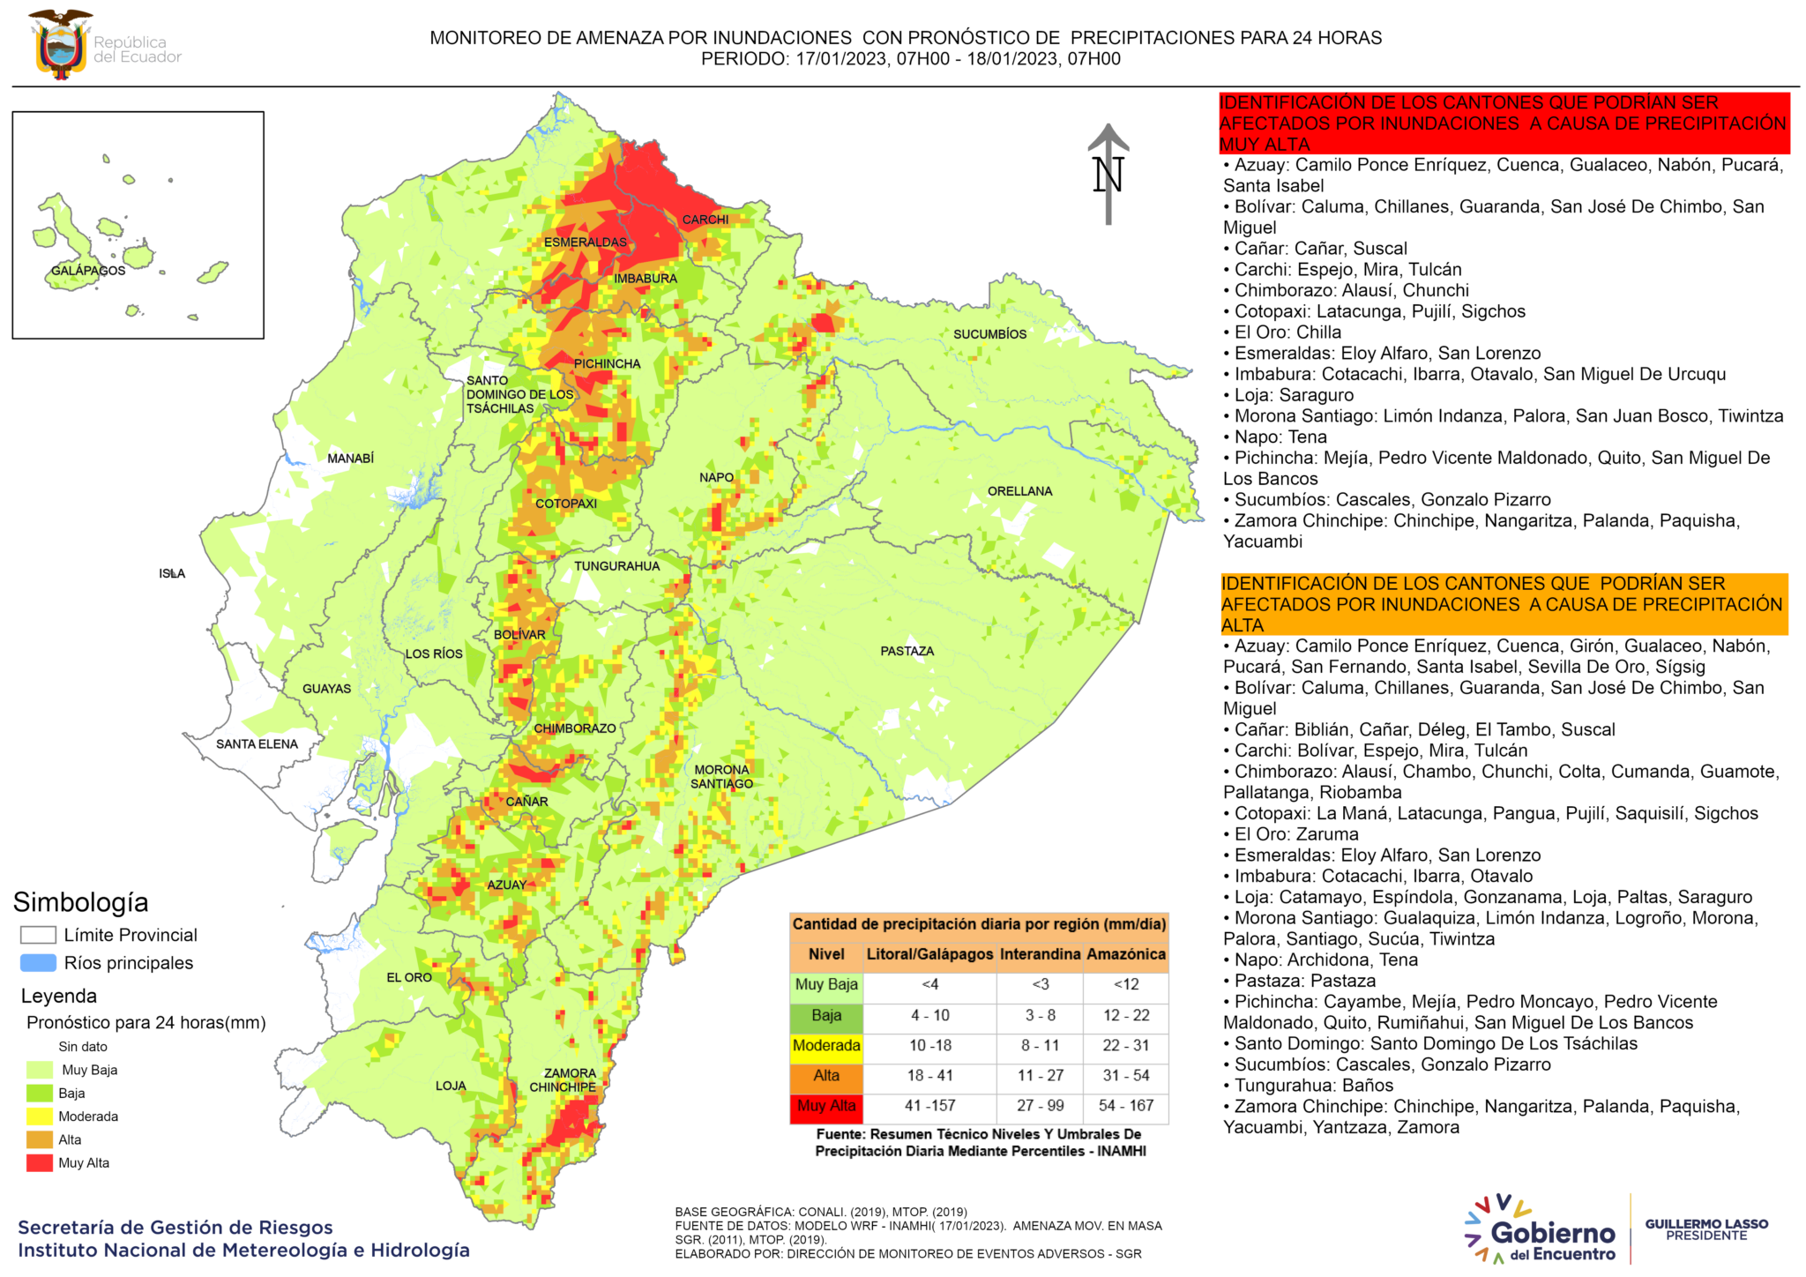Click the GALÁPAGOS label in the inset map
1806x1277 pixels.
[88, 271]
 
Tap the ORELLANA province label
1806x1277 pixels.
[1019, 491]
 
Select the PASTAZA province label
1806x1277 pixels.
[907, 651]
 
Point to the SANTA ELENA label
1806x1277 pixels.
[257, 743]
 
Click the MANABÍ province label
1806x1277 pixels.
[350, 459]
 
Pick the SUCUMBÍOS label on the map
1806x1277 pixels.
[989, 334]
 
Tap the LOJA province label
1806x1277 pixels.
[451, 1086]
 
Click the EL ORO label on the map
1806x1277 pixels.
[409, 977]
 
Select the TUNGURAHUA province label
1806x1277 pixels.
[616, 566]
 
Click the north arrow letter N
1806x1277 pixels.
[1108, 175]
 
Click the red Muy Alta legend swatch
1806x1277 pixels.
[40, 1162]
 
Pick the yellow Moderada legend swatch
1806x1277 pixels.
[40, 1116]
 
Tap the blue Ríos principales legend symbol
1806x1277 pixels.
[38, 963]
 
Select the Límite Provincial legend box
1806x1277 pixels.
[38, 935]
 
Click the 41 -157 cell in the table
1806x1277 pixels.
[929, 1106]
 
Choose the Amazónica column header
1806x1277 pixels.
[1125, 954]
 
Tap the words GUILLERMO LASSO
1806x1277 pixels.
[1706, 1224]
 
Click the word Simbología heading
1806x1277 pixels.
[80, 902]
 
